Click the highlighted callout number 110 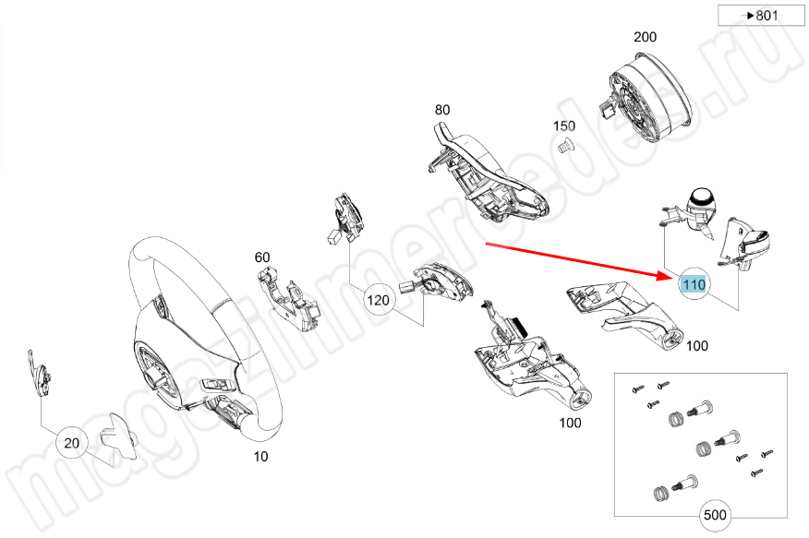pos(694,285)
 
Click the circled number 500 pos(713,515)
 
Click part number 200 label pos(645,38)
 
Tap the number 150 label pos(563,126)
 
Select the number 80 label pos(442,110)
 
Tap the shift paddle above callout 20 pos(40,373)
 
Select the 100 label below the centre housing pos(570,423)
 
